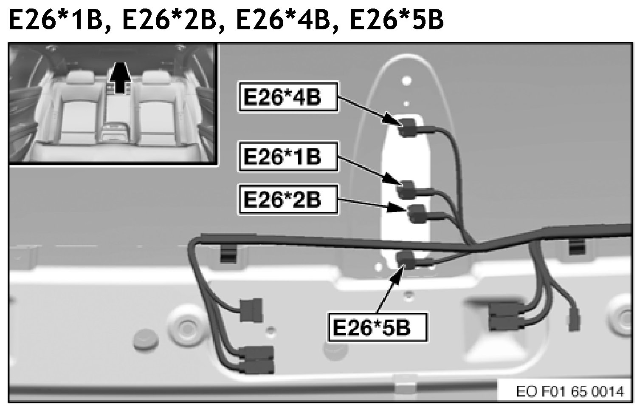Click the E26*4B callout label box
[288, 97]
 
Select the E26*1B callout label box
[288, 156]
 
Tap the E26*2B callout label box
[288, 199]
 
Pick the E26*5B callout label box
[377, 327]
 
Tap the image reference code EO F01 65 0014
[570, 391]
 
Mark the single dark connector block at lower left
[251, 310]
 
